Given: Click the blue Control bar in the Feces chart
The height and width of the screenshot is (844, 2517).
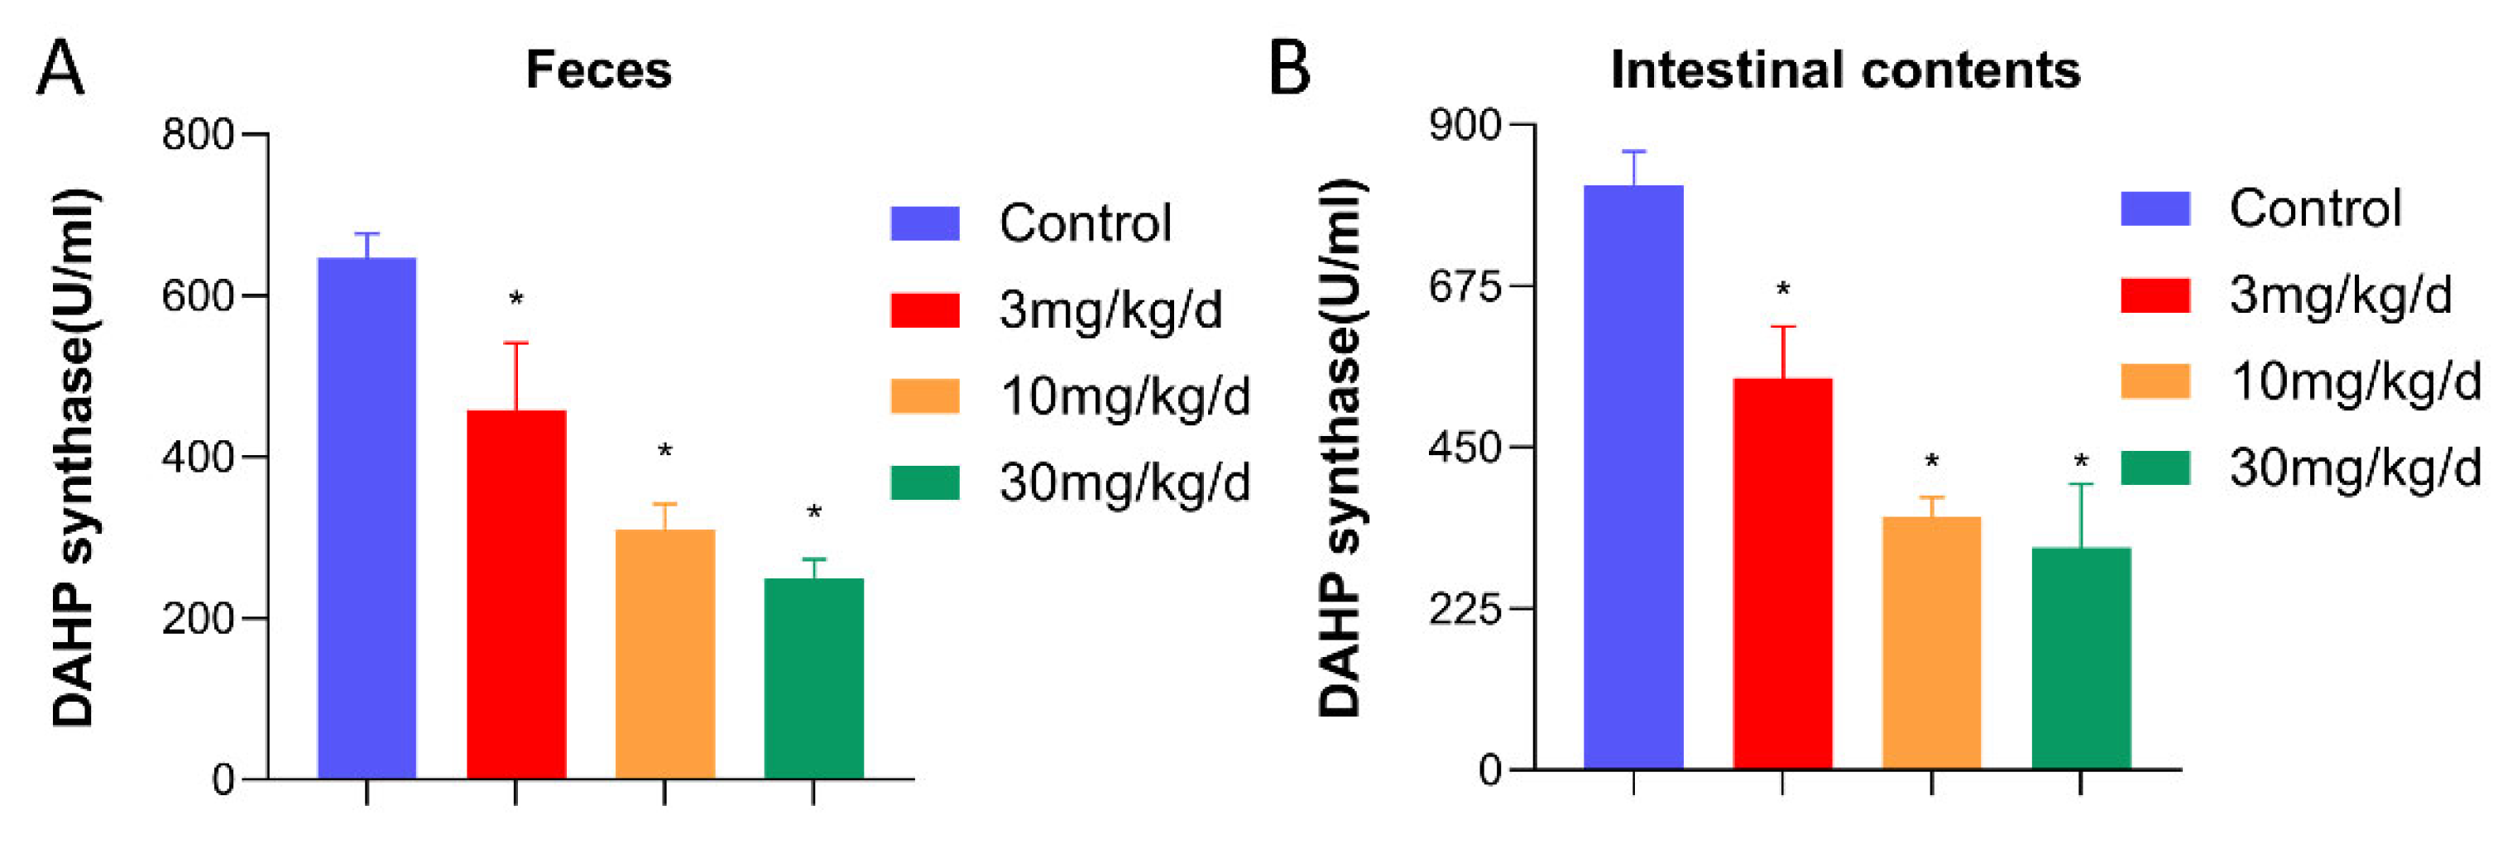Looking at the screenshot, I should pyautogui.click(x=367, y=518).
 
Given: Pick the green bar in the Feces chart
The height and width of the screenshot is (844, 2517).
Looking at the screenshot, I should pyautogui.click(x=813, y=678).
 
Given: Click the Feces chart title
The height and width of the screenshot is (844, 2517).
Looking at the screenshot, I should pyautogui.click(x=598, y=70).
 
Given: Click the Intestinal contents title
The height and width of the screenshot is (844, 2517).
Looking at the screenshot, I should pyautogui.click(x=1845, y=70).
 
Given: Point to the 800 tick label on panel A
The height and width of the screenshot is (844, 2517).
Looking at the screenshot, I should pyautogui.click(x=199, y=135).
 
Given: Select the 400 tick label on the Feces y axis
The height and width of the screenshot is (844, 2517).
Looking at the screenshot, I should pyautogui.click(x=199, y=457).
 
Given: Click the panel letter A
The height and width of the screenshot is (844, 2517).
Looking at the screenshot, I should pyautogui.click(x=60, y=69).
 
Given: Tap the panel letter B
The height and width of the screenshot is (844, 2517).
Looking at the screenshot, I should pyautogui.click(x=1289, y=69).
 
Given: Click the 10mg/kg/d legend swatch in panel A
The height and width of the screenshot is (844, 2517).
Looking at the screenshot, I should pyautogui.click(x=924, y=396).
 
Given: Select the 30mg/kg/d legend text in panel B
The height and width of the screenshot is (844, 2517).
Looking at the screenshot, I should pyautogui.click(x=2355, y=468).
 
